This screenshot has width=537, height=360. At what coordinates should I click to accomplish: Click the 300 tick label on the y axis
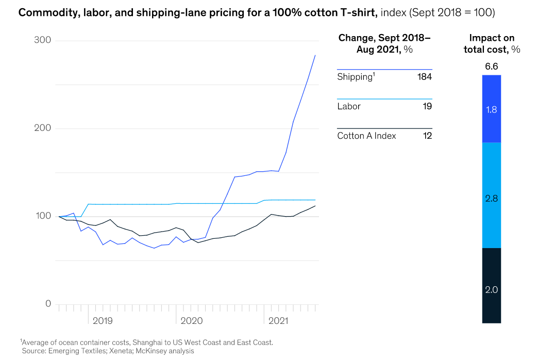point(43,40)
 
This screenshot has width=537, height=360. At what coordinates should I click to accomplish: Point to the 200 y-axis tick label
point(43,128)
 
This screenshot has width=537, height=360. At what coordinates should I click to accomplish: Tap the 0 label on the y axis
point(48,303)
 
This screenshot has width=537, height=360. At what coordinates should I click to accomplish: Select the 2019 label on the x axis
point(103,321)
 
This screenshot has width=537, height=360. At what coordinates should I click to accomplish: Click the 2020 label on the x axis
point(192,321)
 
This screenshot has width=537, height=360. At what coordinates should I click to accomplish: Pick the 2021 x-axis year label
point(278,321)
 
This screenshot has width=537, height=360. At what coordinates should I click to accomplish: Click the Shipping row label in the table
point(355,77)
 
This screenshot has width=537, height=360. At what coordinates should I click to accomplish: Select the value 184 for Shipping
point(424,77)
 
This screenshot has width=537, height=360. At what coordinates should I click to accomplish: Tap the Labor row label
point(349,106)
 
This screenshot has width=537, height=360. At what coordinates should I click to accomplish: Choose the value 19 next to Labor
point(427,106)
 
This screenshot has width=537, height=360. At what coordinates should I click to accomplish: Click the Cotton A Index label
point(366,136)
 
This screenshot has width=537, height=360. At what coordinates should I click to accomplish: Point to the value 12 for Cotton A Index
point(427,136)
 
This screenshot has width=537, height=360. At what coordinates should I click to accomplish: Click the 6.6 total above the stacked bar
point(492,67)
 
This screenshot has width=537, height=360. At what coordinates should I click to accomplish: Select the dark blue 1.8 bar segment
point(492,109)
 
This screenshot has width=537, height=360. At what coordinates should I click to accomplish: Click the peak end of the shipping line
point(315,55)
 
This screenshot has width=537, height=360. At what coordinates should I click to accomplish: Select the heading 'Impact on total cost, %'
point(492,44)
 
